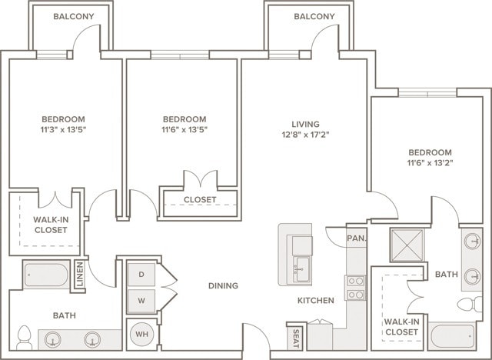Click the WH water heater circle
[x=141, y=334]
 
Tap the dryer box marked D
[x=141, y=275]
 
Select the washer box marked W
[x=141, y=301]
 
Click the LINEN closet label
[x=80, y=275]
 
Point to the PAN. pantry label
[x=357, y=238]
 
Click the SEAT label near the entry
[x=295, y=338]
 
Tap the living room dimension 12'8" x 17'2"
[x=305, y=135]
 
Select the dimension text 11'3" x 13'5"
[x=63, y=130]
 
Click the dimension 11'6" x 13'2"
[x=430, y=163]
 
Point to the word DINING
[x=224, y=285]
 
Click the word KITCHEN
[x=316, y=300]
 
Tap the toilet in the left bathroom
[x=24, y=338]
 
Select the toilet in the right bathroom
[x=470, y=304]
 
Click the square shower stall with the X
[x=407, y=245]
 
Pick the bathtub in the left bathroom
[x=46, y=275]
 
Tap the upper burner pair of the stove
[x=355, y=281]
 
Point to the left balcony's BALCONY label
[x=74, y=16]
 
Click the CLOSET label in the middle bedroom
[x=200, y=200]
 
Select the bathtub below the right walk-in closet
[x=453, y=336]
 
